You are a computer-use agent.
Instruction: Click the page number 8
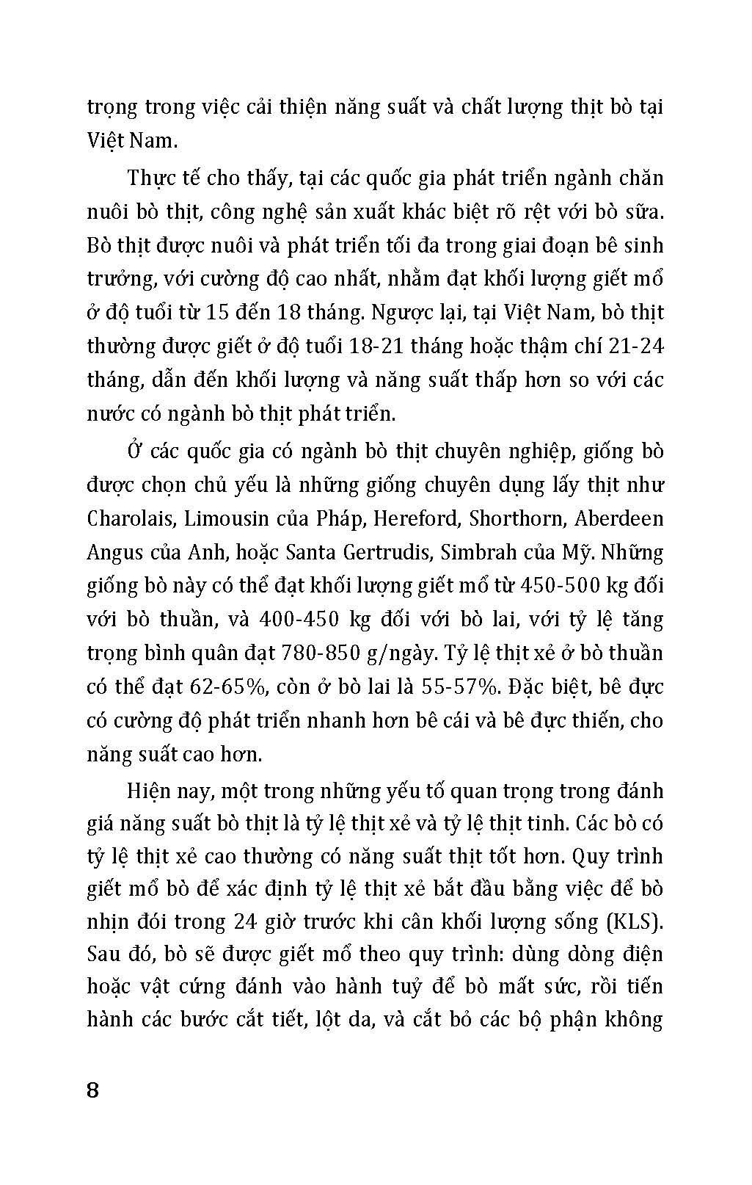coord(92,1089)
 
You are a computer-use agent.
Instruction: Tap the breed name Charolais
coord(131,519)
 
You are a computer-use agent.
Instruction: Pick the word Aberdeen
coord(618,519)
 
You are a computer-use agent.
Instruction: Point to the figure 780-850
coord(390,653)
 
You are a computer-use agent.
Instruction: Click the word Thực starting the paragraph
coord(151,178)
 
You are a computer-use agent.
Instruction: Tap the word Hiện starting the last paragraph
coord(150,791)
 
